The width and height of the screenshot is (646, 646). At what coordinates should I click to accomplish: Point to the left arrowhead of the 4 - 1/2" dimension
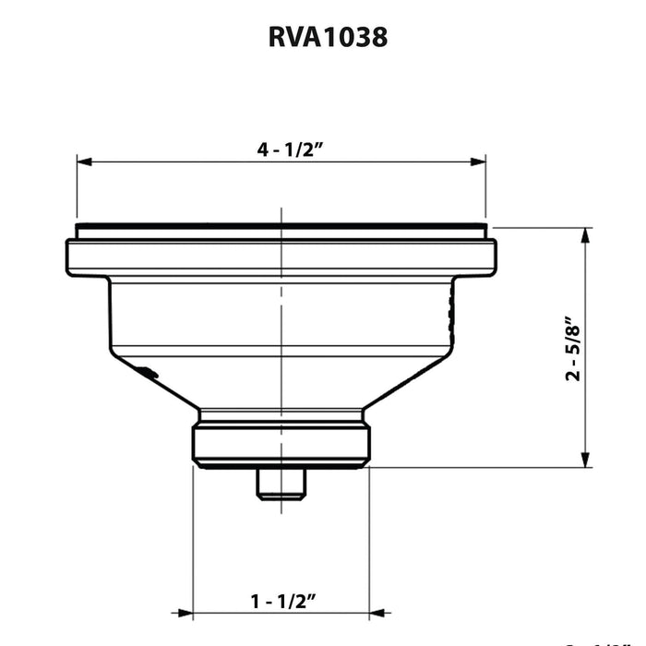coord(84,161)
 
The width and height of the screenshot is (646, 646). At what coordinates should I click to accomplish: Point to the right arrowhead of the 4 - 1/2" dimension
coord(478,161)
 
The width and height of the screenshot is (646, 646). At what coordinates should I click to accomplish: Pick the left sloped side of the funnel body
coord(157,383)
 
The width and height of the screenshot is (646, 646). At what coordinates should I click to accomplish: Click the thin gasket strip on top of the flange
coord(281,227)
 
